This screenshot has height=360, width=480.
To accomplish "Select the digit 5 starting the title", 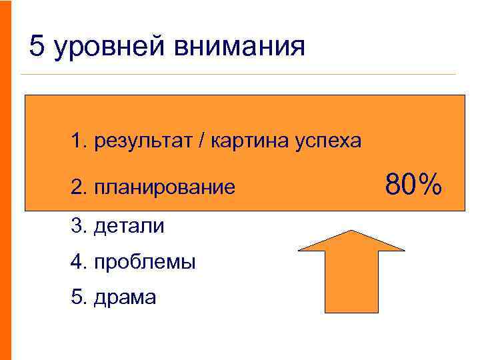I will (x=37, y=47).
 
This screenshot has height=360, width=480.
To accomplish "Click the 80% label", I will (x=413, y=185).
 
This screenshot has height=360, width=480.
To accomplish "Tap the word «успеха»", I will (x=329, y=141).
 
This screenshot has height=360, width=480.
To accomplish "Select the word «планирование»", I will (x=165, y=188).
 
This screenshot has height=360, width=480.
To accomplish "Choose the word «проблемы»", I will (x=145, y=262).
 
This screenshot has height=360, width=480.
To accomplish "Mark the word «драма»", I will (x=125, y=297).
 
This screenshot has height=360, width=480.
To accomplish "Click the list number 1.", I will (x=79, y=141).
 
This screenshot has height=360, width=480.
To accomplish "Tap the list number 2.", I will (x=79, y=188).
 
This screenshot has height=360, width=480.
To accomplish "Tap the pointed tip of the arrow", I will (x=351, y=231).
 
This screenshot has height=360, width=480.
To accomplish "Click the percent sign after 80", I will (x=430, y=185).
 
